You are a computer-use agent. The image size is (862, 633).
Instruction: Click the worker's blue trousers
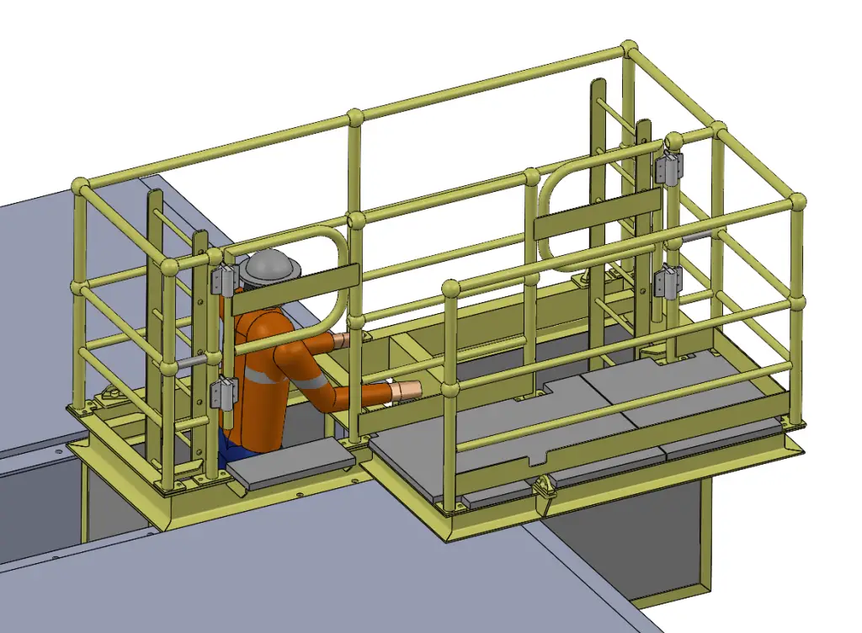click(225, 447)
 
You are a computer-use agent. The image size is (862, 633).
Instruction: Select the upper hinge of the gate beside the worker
click(224, 279)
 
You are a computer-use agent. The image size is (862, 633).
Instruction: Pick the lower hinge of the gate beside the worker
click(225, 391)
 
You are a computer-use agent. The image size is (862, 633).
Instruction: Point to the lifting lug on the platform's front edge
click(543, 487)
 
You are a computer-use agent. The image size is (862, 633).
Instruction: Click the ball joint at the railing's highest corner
click(630, 48)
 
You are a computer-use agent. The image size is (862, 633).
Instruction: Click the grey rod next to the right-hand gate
click(695, 238)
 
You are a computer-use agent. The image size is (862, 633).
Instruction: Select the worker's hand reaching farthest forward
click(407, 390)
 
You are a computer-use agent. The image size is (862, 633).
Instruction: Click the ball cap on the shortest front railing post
click(450, 288)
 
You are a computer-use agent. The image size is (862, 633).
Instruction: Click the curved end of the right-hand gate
click(545, 210)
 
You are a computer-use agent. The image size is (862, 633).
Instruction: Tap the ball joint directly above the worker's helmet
click(355, 116)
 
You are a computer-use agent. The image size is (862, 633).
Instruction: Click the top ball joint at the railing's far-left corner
click(81, 185)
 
